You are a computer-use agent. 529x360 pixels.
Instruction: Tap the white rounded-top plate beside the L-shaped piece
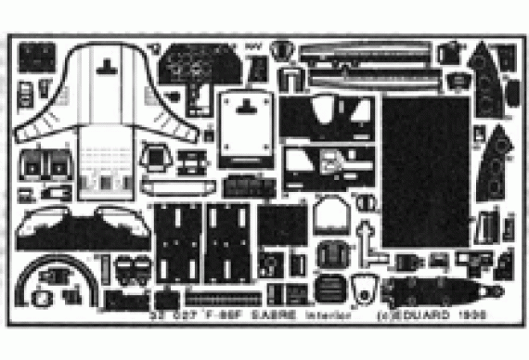coord(328,221)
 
